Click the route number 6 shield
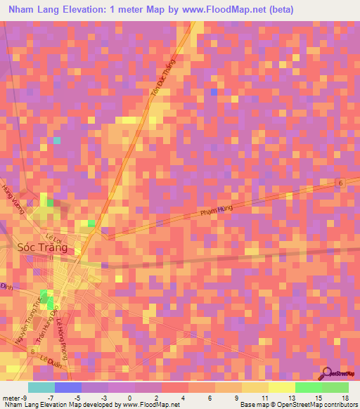(340, 183)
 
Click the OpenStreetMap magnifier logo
(328, 373)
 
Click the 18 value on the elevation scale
(344, 398)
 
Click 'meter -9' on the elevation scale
(15, 398)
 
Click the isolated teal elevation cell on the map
(57, 141)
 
